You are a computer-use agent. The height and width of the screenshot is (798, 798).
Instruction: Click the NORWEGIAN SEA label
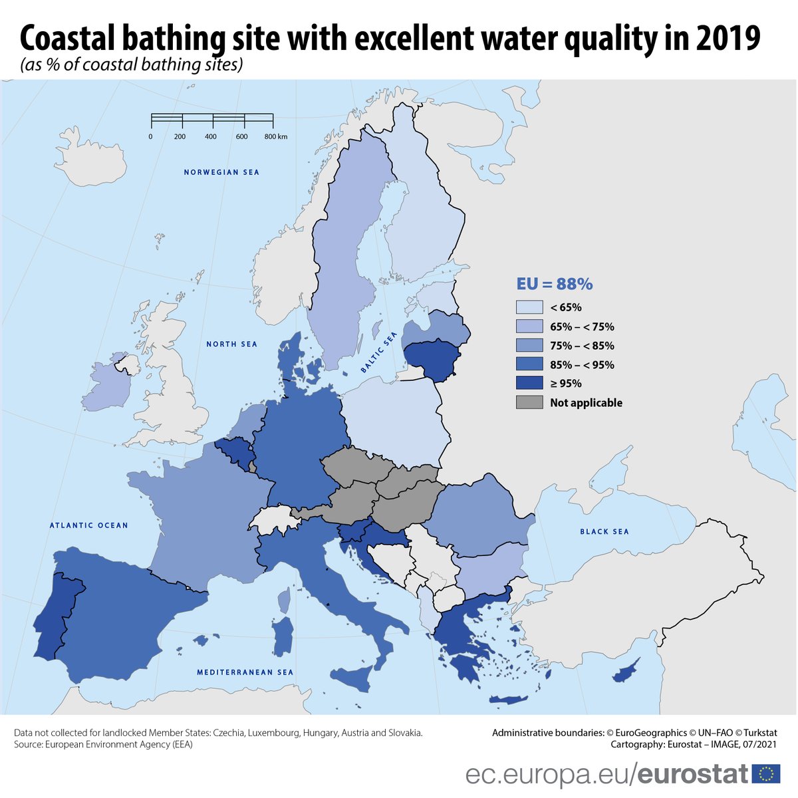pyautogui.click(x=221, y=172)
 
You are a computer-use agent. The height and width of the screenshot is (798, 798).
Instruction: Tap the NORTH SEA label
pyautogui.click(x=231, y=344)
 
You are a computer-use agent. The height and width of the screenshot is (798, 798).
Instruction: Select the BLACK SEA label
pyautogui.click(x=604, y=531)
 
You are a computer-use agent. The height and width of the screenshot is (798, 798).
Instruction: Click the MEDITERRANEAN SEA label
pyautogui.click(x=245, y=672)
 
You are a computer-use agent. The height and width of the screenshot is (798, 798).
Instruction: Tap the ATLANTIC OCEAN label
pyautogui.click(x=89, y=525)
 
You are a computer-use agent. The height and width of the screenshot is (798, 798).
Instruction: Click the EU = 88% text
pyautogui.click(x=555, y=284)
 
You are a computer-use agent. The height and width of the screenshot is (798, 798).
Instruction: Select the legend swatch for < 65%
pyautogui.click(x=529, y=307)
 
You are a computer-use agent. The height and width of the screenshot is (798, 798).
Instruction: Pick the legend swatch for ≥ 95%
pyautogui.click(x=529, y=383)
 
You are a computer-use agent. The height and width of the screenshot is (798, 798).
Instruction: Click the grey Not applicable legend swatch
pyautogui.click(x=529, y=402)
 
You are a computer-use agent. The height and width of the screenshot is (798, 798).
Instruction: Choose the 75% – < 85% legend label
pyautogui.click(x=582, y=346)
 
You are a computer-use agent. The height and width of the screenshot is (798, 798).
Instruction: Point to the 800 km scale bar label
pyautogui.click(x=275, y=136)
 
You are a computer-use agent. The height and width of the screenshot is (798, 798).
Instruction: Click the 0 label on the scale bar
pyautogui.click(x=150, y=136)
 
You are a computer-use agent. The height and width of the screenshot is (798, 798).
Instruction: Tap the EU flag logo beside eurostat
pyautogui.click(x=766, y=774)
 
